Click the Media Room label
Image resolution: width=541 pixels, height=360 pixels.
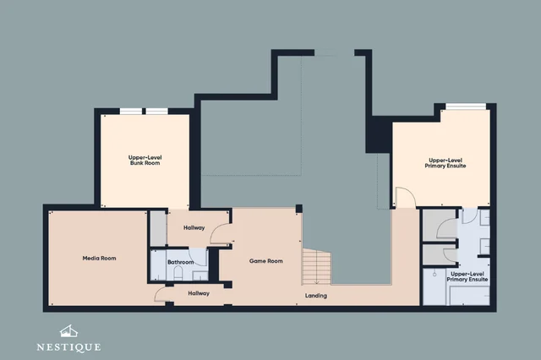[99, 258]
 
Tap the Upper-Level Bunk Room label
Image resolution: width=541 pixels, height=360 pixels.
[145, 160]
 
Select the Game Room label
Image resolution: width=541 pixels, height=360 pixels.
[266, 261]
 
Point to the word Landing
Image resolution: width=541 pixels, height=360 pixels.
[315, 296]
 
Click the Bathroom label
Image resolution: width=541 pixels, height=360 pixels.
[180, 262]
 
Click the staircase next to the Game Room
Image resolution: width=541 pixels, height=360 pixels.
[316, 267]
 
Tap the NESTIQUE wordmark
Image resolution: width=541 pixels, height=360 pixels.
[68, 346]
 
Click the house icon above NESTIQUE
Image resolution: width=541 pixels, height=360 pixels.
[68, 331]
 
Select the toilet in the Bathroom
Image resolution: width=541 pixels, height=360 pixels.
[178, 273]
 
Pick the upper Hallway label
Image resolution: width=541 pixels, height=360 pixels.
[194, 227]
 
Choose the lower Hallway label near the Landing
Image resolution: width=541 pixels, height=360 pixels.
[199, 293]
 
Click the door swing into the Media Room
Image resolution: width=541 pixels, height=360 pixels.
[160, 294]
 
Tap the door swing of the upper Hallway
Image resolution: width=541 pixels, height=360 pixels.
[220, 233]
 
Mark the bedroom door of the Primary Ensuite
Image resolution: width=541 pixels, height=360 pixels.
[405, 197]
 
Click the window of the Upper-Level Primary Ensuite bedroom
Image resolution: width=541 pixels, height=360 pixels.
[466, 106]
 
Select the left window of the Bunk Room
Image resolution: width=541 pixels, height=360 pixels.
[131, 111]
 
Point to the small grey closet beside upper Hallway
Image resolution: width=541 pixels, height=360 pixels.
[158, 228]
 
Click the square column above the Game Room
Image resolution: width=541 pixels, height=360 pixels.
[298, 209]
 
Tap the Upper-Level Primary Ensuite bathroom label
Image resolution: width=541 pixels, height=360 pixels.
[467, 276]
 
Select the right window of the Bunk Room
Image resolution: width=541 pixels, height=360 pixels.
[156, 111]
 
